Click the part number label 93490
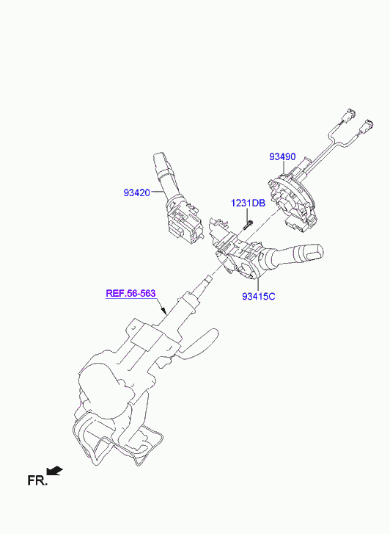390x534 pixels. tap(282, 156)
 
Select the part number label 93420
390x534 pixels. tap(136, 192)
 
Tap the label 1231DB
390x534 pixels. tap(248, 203)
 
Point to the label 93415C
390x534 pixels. tap(259, 296)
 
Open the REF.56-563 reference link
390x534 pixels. tap(130, 293)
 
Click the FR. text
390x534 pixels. tap(37, 480)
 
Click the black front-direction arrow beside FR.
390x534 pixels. tap(54, 471)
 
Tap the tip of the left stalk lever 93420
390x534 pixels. tap(160, 159)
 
